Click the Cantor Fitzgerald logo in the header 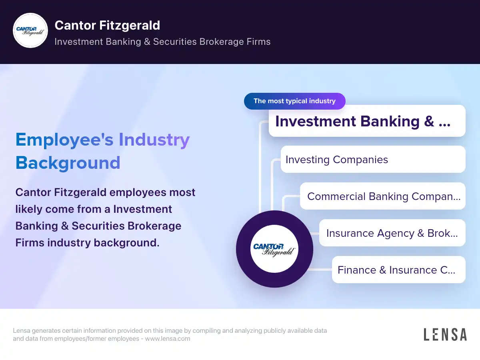30,30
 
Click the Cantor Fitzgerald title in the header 107,25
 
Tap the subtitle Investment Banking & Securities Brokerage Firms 162,42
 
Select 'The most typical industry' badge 294,101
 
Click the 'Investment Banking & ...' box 367,121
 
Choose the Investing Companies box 373,160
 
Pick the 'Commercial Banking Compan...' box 383,196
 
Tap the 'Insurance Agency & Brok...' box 392,233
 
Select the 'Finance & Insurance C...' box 398,270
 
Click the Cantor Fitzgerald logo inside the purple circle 274,249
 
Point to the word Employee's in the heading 64,140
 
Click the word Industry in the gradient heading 154,140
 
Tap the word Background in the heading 68,163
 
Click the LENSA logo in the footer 445,334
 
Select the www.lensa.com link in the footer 168,339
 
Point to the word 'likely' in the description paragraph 29,209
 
